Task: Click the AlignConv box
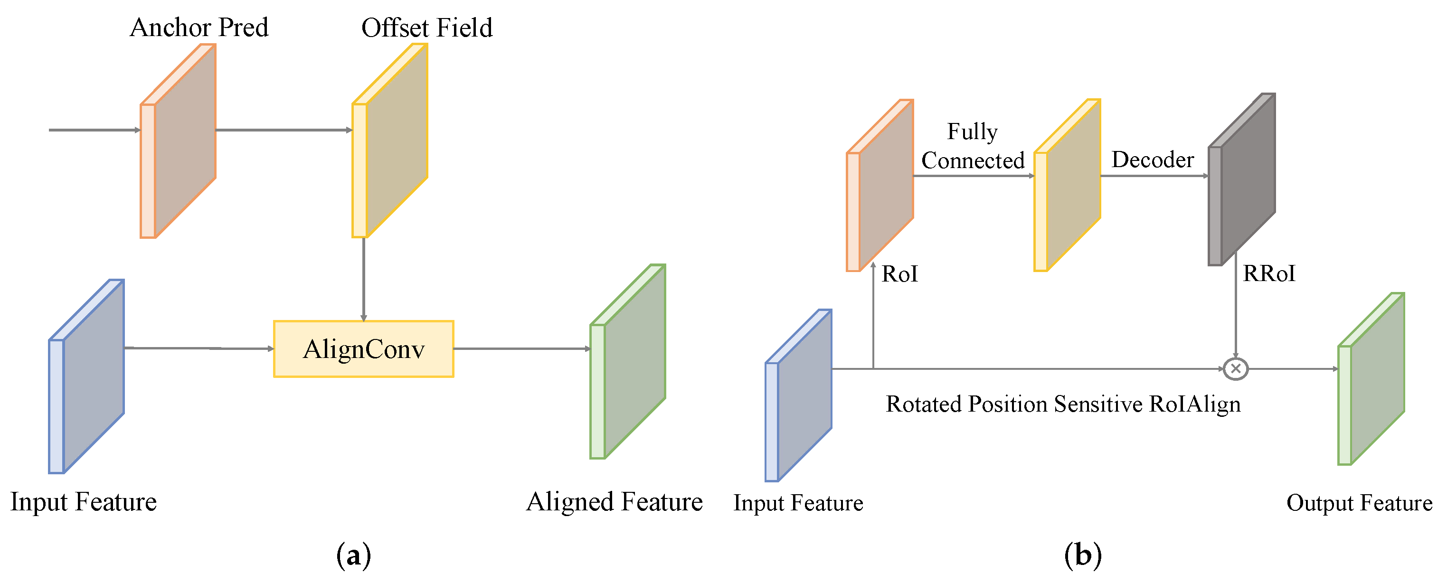coord(363,349)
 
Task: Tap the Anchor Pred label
coord(199,28)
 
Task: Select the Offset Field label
coord(426,28)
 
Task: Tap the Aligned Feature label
coord(614,501)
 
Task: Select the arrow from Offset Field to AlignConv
coord(364,279)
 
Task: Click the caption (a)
coord(353,555)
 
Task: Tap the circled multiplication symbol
coord(1235,368)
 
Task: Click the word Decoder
coord(1152,160)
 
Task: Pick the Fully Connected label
coord(973,146)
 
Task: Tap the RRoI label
coord(1269,274)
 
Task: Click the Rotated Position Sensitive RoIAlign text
coord(1063,404)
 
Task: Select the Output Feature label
coord(1359,503)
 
